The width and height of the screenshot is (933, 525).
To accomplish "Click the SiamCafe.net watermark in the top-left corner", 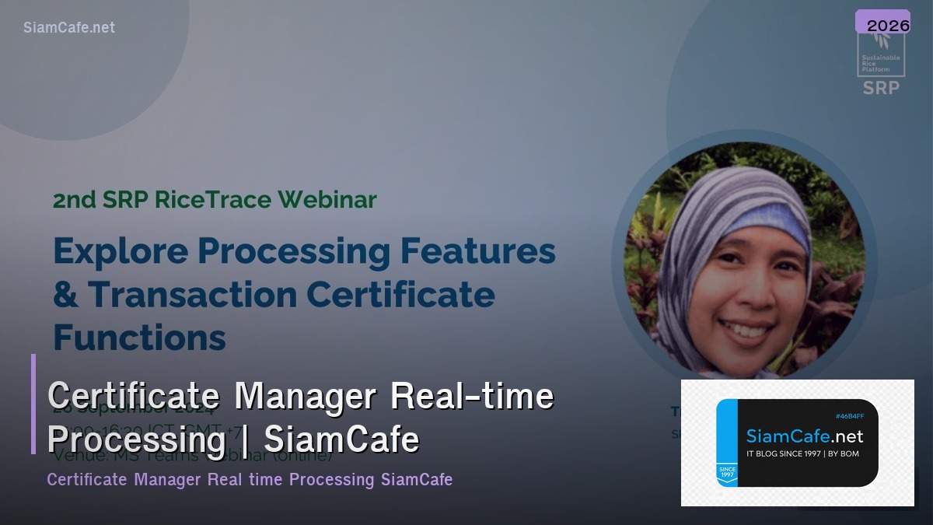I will click(69, 27).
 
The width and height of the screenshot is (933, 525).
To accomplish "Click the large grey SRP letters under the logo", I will click(881, 88).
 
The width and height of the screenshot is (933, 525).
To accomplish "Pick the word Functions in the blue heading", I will click(139, 338).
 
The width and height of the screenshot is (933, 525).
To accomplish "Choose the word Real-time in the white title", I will click(472, 397).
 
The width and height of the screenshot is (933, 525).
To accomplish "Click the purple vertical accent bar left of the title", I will click(33, 404).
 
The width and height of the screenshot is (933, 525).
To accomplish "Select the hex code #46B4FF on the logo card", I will click(851, 417).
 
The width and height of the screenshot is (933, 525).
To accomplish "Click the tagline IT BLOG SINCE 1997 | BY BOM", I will click(802, 453).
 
